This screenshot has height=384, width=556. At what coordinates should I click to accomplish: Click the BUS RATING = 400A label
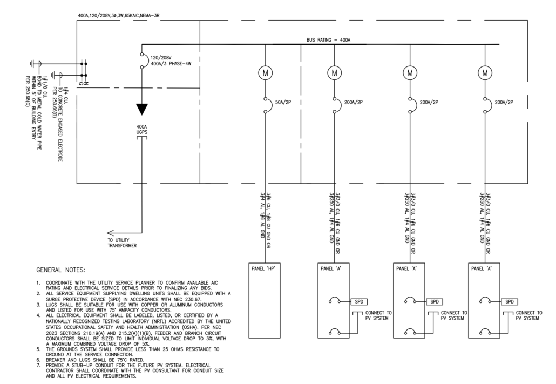[328, 40]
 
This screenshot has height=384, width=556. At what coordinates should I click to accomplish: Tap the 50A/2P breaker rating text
[283, 102]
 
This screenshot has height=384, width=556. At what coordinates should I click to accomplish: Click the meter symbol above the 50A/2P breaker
[265, 73]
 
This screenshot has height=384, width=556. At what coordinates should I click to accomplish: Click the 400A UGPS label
[142, 129]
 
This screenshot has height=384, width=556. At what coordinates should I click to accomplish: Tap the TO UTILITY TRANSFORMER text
[122, 242]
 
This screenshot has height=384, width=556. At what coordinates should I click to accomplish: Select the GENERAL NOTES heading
[60, 270]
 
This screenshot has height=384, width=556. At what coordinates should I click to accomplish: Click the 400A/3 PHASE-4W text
[171, 64]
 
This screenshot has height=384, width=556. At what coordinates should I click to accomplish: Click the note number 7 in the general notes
[38, 365]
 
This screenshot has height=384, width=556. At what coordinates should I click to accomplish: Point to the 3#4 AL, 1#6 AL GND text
[262, 215]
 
